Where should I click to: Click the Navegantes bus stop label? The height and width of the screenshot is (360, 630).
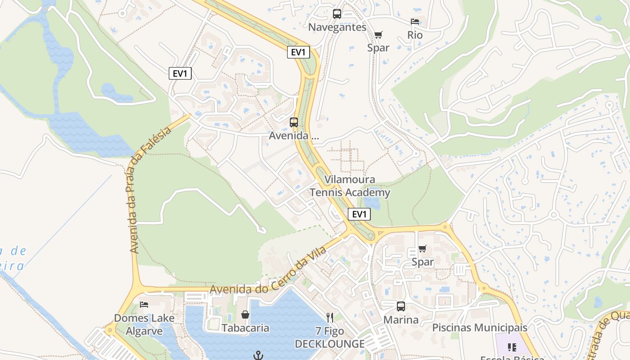[337, 27]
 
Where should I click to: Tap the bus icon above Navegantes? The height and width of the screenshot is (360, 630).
[337, 14]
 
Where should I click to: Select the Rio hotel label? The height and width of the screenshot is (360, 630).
[415, 35]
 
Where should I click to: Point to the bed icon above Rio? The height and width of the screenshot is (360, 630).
[415, 22]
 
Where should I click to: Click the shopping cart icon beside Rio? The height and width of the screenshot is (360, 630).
[378, 35]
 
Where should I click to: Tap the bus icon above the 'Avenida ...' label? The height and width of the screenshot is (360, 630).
[294, 122]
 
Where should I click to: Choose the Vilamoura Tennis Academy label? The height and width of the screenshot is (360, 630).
[350, 186]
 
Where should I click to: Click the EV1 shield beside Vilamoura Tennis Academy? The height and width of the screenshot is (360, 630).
[359, 214]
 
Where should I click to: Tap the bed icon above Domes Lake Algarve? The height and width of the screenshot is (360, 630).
[144, 305]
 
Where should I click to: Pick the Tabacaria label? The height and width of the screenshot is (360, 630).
[245, 328]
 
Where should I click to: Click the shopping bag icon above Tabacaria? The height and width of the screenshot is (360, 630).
[245, 315]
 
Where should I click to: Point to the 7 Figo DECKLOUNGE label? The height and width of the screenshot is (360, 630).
[330, 338]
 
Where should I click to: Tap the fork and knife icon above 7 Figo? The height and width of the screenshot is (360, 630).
[330, 318]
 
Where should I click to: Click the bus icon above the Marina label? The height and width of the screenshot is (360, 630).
[401, 306]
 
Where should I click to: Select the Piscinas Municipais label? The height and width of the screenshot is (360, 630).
[480, 328]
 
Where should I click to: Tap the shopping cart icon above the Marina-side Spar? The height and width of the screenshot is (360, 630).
[423, 248]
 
